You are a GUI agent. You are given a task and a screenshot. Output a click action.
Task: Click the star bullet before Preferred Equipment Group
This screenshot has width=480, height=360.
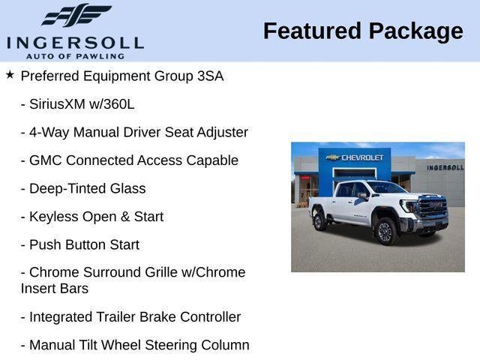[x=10, y=75]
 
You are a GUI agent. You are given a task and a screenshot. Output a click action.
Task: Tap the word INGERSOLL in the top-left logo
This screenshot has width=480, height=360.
[x=75, y=41]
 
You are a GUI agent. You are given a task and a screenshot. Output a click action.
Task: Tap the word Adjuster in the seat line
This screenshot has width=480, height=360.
[x=220, y=132]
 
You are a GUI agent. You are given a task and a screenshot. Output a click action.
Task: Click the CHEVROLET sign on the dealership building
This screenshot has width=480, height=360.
[x=363, y=157]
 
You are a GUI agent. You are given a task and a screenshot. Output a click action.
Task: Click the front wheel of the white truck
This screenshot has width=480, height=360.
[x=385, y=231]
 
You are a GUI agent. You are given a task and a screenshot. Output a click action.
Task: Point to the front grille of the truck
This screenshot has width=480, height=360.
[x=432, y=208]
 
